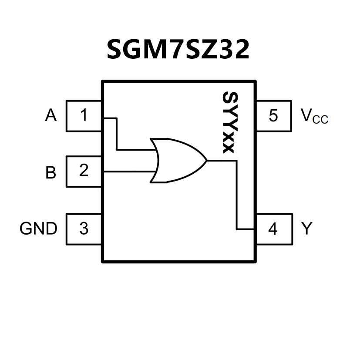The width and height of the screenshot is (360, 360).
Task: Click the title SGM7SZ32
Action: coord(178,50)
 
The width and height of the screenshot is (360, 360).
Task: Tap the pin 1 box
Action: coord(84,116)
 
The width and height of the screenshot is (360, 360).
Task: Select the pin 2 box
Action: coord(84,171)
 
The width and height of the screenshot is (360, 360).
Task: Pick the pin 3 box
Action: coord(84,229)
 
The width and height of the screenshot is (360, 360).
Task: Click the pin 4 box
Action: coord(273,229)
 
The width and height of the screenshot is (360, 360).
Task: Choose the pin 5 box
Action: coord(273,116)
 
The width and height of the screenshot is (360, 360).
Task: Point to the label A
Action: coord(51,116)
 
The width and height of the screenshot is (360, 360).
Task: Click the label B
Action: coord(51,172)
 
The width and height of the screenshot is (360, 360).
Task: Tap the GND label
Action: coord(38,229)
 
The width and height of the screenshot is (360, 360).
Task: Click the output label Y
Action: coord(307,229)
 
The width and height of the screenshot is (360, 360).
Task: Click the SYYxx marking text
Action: coord(228,122)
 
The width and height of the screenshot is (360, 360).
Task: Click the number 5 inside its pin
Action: coord(273,116)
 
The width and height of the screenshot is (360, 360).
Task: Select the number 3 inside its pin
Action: coord(84,229)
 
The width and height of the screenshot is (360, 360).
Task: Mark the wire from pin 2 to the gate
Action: coord(128,172)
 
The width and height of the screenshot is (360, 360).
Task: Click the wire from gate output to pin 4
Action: coord(236,196)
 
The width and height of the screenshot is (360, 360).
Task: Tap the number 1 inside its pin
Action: coord(84,116)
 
